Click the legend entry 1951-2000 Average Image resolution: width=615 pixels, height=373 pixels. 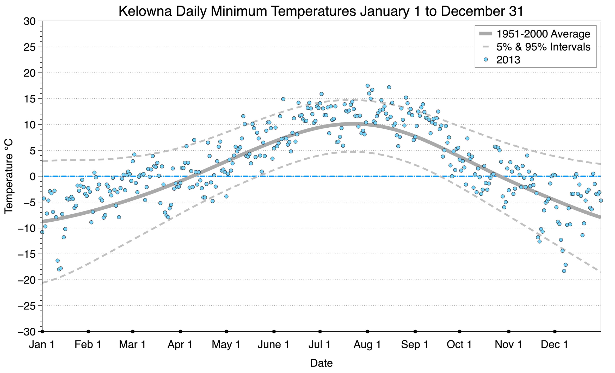coord(543,34)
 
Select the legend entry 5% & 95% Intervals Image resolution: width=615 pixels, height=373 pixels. coord(543,47)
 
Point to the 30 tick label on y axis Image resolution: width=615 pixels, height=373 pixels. coord(29,21)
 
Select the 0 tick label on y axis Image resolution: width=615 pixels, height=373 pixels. coord(33,177)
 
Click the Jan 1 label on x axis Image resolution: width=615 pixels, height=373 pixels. coord(42,344)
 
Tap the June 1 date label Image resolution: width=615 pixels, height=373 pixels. coord(273,344)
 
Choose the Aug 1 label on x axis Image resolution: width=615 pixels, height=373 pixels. coord(367,344)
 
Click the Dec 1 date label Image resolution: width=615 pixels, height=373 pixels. coord(554,344)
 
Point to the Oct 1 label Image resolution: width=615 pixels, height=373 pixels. coord(459,344)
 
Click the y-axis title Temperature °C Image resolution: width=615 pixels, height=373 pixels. coord(8,176)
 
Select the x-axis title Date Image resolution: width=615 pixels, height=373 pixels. coord(321,363)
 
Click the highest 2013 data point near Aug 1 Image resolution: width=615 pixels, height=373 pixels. coord(367,86)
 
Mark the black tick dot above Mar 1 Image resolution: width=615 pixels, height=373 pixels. coord(133,332)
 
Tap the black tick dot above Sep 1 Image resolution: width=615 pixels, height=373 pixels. coord(415,332)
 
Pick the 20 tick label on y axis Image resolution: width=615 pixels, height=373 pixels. coord(29,73)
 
